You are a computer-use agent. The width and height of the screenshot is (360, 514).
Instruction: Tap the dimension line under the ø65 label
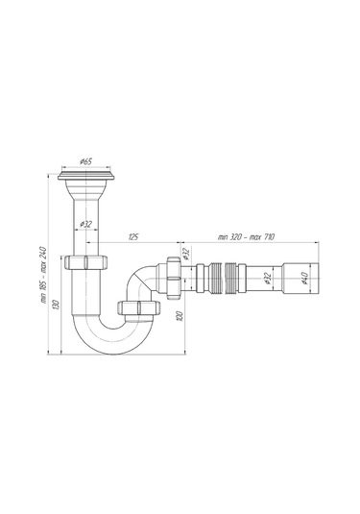(85, 165)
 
